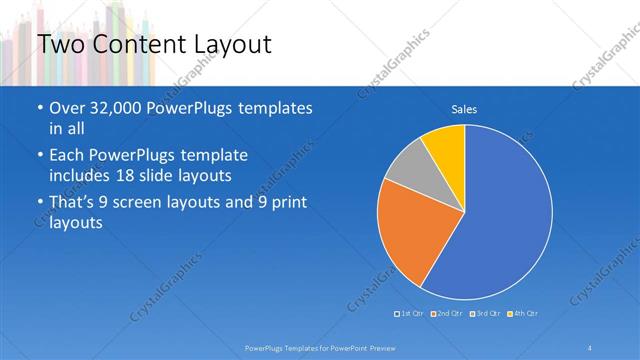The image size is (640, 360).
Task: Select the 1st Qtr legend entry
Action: point(411,314)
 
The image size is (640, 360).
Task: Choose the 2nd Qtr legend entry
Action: point(446,314)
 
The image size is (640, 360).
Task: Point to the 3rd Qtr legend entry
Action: point(484,314)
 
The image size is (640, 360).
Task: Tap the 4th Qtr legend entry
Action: point(522,314)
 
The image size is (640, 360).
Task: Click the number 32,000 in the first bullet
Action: point(119,108)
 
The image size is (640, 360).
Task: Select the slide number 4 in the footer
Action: point(590,347)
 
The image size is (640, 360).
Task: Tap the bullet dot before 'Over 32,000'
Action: point(39,109)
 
